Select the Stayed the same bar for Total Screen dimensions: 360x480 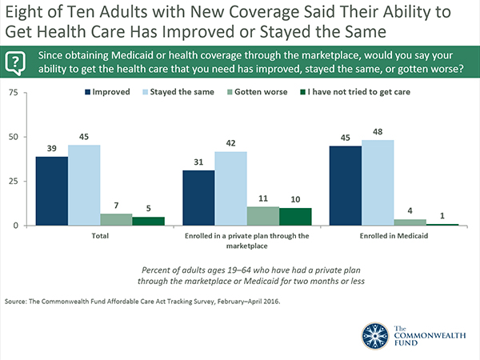pos(84,185)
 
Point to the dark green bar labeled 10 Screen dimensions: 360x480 pos(295,216)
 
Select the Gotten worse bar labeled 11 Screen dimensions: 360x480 pos(263,215)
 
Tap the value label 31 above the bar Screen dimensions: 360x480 pos(198,163)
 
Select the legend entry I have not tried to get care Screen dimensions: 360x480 pos(364,92)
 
